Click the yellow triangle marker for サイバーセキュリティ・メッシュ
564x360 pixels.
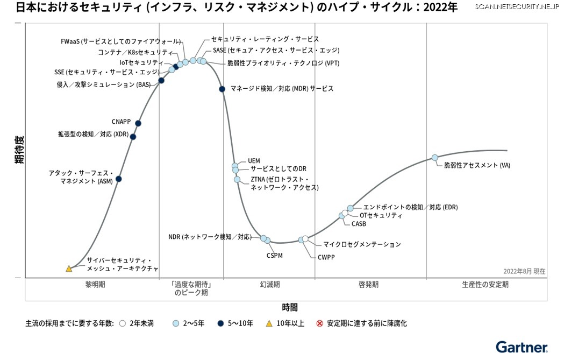click(x=69, y=269)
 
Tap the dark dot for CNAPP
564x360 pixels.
click(x=138, y=123)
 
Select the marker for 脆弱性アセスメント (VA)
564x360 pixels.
click(x=435, y=158)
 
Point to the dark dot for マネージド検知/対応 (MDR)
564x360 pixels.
click(x=222, y=89)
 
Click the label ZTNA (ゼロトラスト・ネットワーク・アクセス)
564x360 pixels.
click(x=284, y=183)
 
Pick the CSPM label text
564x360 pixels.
click(x=275, y=256)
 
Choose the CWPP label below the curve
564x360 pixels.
click(x=325, y=257)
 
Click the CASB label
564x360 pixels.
click(x=359, y=224)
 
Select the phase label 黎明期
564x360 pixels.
click(x=96, y=284)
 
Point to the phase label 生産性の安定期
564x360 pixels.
click(x=485, y=284)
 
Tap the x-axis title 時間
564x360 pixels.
click(x=290, y=307)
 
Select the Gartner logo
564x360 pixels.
click(x=521, y=347)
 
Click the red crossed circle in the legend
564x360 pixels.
click(x=319, y=323)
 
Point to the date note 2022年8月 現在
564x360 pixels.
click(x=524, y=271)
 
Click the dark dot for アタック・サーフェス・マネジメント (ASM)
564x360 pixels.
click(x=119, y=179)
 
